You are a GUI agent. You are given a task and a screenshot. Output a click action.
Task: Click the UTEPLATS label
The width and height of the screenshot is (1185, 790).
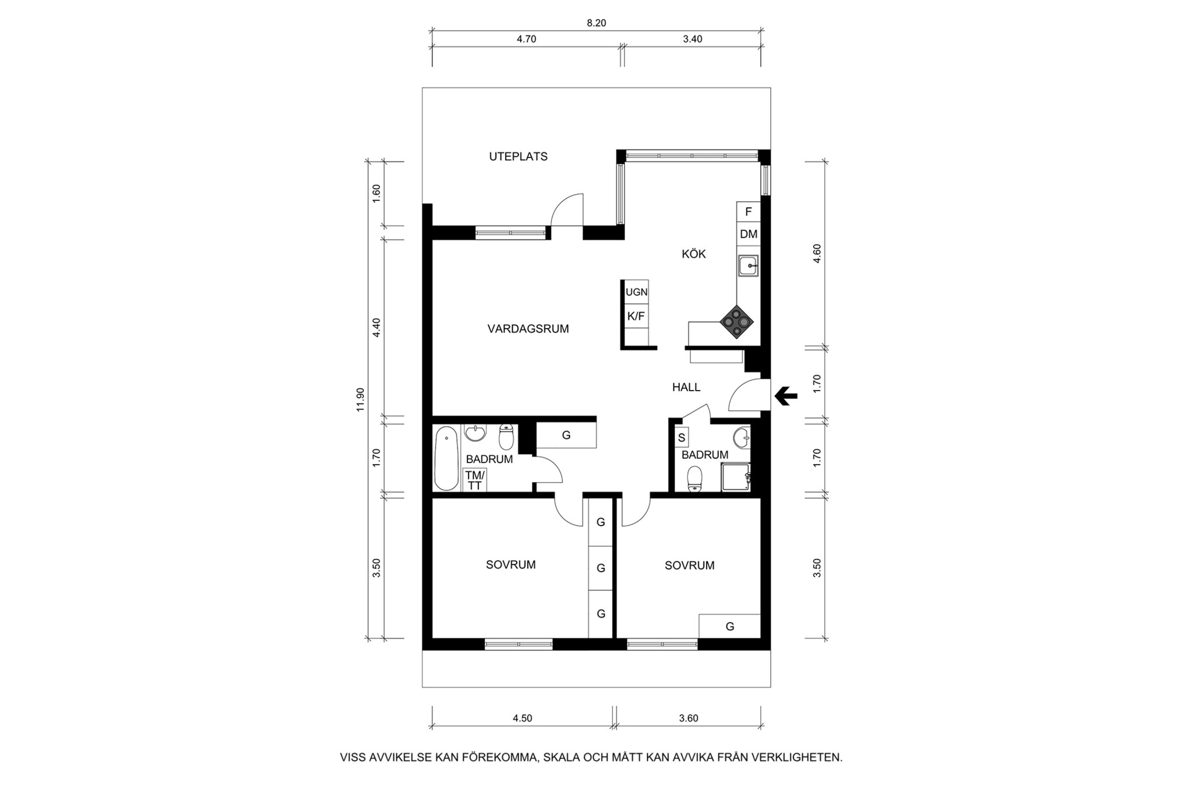pos(518,156)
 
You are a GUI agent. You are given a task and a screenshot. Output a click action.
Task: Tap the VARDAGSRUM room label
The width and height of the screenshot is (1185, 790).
pos(528,329)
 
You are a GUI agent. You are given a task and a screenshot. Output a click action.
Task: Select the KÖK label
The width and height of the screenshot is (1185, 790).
pos(694,253)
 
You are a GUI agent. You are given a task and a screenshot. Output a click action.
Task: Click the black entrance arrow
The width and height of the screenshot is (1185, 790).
pos(786,396)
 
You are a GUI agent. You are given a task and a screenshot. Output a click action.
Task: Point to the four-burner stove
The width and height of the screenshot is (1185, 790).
pos(737,321)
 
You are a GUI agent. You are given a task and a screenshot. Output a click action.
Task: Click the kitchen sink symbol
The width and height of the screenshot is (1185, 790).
pos(748,266)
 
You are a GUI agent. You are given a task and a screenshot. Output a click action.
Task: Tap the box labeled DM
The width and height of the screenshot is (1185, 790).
pos(749,234)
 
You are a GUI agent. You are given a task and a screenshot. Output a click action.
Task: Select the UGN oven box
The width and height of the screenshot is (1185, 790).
pos(636,292)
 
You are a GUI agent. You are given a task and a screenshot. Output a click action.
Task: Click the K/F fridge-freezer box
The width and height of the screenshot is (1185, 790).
pos(636,316)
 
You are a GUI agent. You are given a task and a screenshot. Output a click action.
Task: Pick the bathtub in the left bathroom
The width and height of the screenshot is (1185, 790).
pos(447,458)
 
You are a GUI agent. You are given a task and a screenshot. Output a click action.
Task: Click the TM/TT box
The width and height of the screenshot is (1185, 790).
pos(474,480)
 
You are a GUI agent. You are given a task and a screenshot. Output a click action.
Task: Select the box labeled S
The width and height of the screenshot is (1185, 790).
pos(682,438)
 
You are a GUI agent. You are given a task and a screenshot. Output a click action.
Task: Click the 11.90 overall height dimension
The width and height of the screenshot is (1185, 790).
pos(360,399)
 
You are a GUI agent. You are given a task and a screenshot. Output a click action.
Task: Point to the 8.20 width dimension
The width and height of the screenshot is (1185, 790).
pos(596,23)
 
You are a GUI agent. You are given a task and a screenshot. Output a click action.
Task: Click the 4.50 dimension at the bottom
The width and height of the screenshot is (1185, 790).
pos(522,718)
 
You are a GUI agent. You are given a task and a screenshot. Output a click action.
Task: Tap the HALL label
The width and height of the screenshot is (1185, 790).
pos(686,387)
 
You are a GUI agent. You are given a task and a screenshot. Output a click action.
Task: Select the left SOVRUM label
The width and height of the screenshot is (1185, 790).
pos(511,565)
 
